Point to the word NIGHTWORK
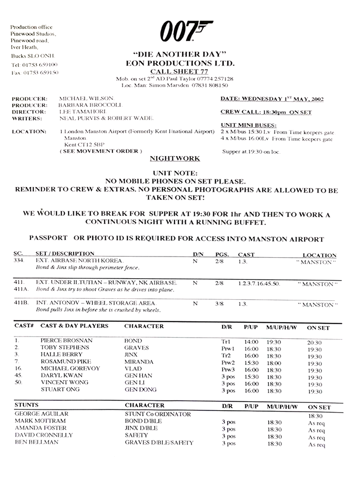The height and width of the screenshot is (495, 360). (175, 158)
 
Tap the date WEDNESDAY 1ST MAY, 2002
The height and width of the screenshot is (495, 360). (272, 100)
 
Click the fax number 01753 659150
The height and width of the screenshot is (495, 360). (40, 72)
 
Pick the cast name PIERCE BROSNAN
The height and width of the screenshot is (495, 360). (66, 341)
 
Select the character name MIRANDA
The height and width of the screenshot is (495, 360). (139, 362)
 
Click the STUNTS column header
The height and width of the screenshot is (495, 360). (26, 405)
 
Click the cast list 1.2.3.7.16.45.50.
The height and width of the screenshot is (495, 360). (259, 283)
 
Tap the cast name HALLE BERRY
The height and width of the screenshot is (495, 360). (61, 355)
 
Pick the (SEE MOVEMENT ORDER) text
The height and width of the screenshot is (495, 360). (100, 151)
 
